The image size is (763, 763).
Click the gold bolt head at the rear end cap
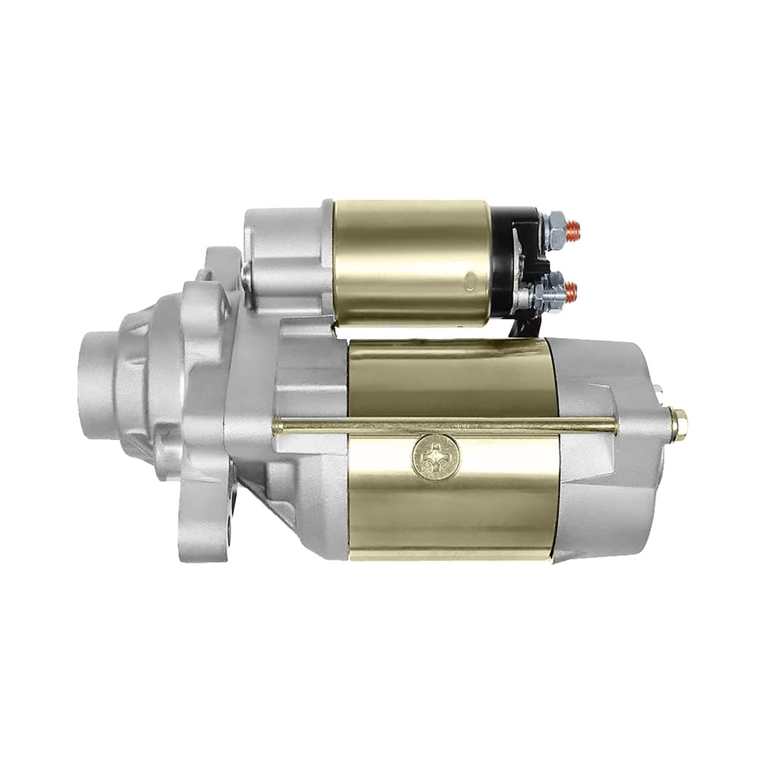[682, 420]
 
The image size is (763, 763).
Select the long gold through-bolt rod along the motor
[445, 425]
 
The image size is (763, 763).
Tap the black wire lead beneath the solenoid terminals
[525, 324]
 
